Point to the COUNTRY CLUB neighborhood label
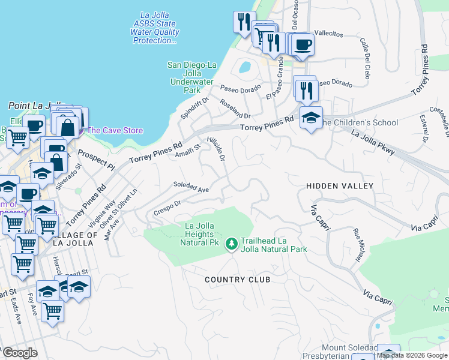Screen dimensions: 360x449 (x=237, y=280)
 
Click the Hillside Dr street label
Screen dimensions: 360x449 (x=220, y=148)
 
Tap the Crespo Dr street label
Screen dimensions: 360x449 (x=167, y=206)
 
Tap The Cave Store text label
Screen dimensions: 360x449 (x=115, y=130)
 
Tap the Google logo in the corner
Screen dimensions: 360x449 (x=20, y=353)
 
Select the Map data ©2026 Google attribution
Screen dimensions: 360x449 (x=412, y=355)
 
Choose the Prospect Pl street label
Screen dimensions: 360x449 (x=96, y=158)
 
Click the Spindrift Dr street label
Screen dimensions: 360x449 (x=193, y=107)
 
